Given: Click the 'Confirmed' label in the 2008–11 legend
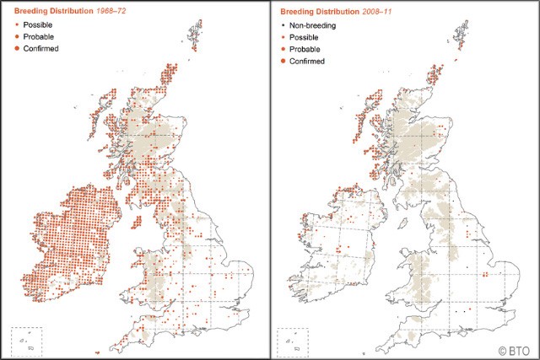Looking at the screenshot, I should point(311,62).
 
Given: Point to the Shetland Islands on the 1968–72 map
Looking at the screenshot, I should point(196,38).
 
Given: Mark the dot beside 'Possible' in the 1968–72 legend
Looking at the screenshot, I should point(19,25).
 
